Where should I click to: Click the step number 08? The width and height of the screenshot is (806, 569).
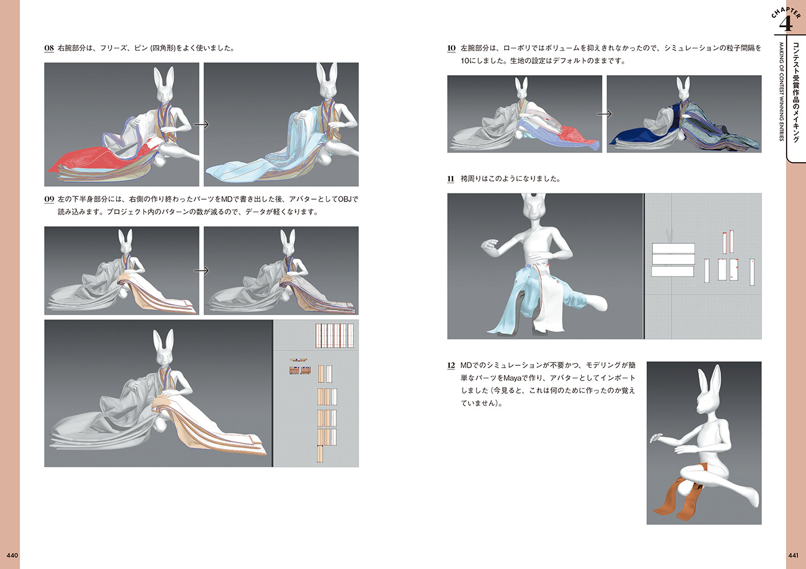[49, 48]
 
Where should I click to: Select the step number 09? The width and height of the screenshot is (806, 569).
[49, 199]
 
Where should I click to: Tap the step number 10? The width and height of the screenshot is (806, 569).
[451, 48]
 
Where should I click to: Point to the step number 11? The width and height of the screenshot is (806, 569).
[450, 179]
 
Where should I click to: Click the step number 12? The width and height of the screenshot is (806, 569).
[451, 365]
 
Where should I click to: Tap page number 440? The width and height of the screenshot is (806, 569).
[12, 555]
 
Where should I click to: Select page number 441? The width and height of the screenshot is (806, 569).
[793, 555]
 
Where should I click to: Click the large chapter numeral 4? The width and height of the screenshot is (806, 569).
[786, 24]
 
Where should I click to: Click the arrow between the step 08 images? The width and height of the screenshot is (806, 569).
[201, 125]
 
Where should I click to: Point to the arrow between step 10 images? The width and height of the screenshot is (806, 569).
[604, 114]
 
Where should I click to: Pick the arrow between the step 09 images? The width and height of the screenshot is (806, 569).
[201, 270]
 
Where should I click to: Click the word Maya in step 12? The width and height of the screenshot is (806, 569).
[512, 378]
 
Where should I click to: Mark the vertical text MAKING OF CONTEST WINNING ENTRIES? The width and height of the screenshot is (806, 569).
[781, 92]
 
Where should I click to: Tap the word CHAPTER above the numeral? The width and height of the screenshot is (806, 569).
[787, 12]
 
